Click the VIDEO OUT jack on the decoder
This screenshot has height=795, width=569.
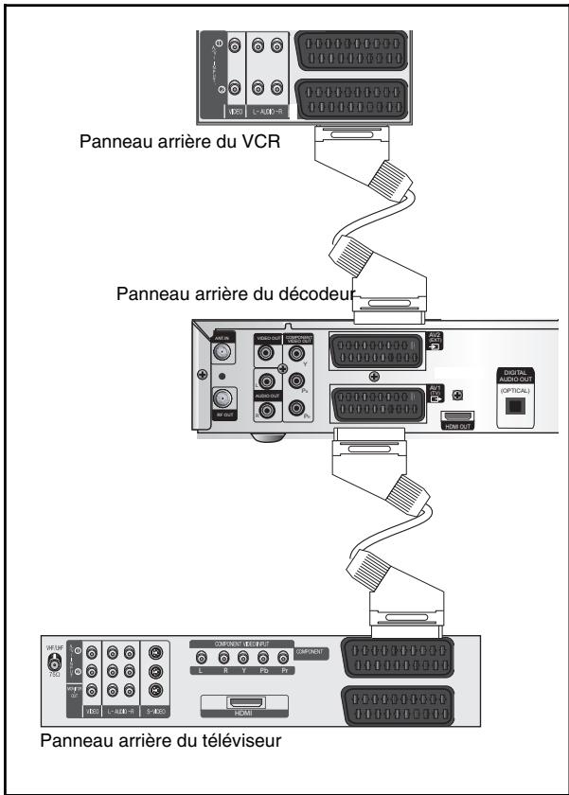pyautogui.click(x=268, y=356)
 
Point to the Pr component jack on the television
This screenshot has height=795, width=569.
pyautogui.click(x=283, y=657)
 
